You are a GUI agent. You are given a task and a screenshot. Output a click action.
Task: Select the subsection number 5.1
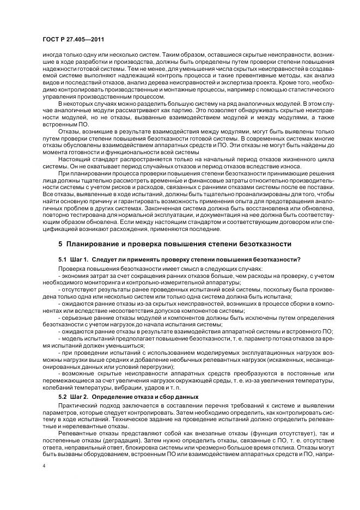pyautogui.click(x=62, y=259)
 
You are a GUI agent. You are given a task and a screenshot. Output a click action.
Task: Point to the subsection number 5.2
pyautogui.click(x=62, y=396)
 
